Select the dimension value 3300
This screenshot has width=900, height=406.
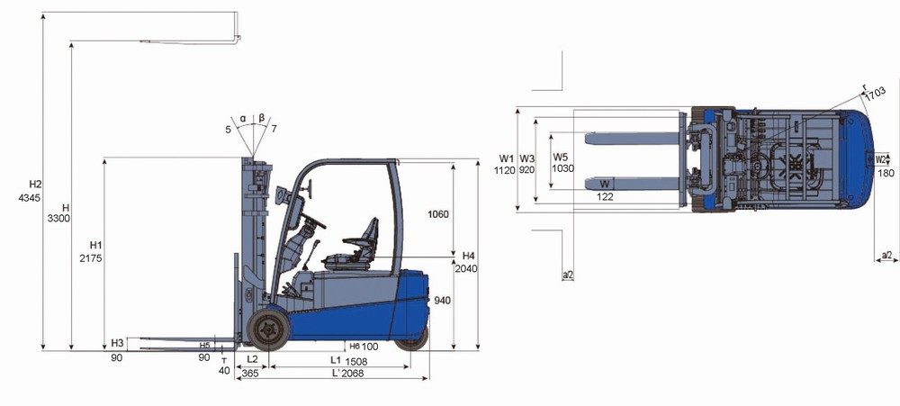pyautogui.click(x=58, y=218)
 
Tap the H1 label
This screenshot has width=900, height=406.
pyautogui.click(x=96, y=245)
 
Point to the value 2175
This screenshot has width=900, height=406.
pyautogui.click(x=91, y=258)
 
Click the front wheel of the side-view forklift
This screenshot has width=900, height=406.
pyautogui.click(x=268, y=329)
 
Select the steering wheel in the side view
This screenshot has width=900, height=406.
pyautogui.click(x=314, y=221)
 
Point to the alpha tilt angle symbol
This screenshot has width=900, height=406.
pyautogui.click(x=243, y=118)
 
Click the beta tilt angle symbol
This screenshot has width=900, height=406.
pyautogui.click(x=262, y=118)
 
